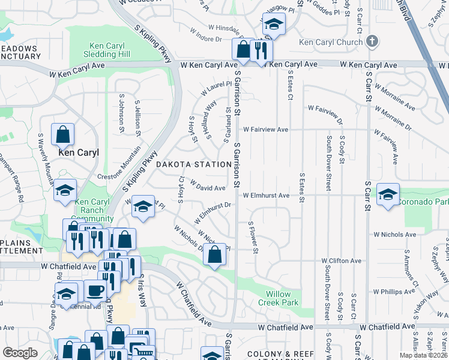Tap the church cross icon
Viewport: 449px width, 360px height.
372,41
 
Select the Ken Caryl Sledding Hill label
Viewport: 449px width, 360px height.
107,50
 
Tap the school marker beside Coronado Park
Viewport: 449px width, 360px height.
388,194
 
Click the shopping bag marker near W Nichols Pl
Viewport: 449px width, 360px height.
214,255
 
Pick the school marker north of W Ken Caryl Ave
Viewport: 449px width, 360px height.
274,25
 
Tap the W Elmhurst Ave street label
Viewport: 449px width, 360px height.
266,196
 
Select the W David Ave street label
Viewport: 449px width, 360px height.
208,185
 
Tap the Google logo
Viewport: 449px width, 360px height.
20,353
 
